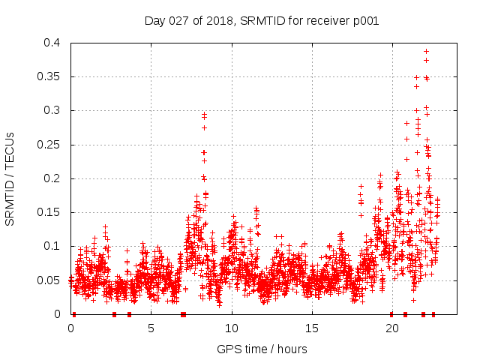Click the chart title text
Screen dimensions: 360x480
[x=261, y=21]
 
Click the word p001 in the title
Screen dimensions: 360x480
[x=364, y=21]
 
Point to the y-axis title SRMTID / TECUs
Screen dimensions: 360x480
[x=10, y=179]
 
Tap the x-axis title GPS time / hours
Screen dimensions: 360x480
[x=261, y=349]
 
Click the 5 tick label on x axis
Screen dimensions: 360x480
[x=151, y=328]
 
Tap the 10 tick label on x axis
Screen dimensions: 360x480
[x=231, y=328]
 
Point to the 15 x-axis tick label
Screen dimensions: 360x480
[x=311, y=328]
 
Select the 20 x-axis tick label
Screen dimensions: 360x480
[x=391, y=328]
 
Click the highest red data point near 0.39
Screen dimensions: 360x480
[x=426, y=51]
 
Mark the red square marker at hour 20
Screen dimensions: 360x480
[x=391, y=314]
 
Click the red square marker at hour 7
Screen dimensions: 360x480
[x=183, y=314]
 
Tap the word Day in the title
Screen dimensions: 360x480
[x=154, y=21]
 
